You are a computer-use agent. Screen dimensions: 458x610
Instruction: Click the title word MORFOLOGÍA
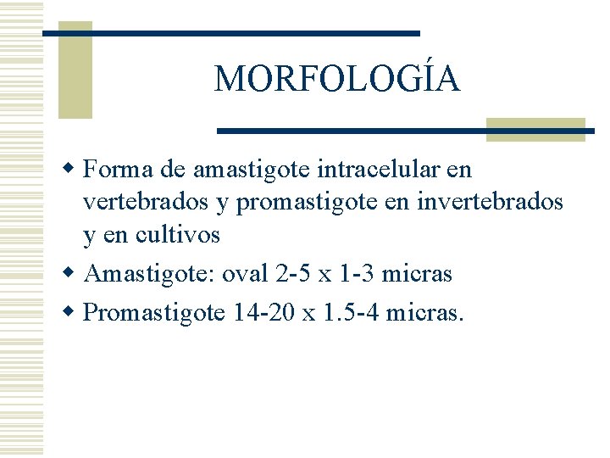pos(337,80)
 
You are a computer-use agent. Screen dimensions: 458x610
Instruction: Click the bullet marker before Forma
pos(75,169)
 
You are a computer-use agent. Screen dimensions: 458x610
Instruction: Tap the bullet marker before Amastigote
pos(75,273)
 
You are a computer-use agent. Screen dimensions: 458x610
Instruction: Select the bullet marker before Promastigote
pos(75,312)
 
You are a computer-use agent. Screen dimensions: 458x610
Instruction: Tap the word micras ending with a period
pos(425,313)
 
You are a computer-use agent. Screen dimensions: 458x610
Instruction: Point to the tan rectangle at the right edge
pos(535,129)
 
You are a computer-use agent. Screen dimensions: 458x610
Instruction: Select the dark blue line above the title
pos(230,33)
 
